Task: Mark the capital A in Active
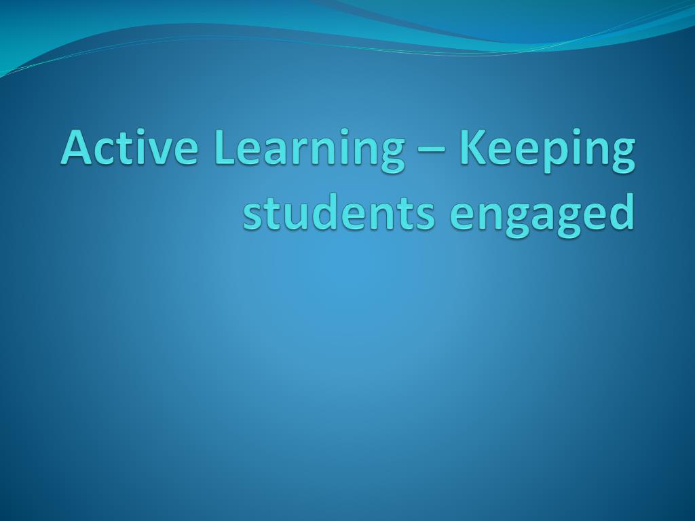[x=77, y=147]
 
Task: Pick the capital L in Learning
[x=225, y=147]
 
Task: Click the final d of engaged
[x=619, y=212]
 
